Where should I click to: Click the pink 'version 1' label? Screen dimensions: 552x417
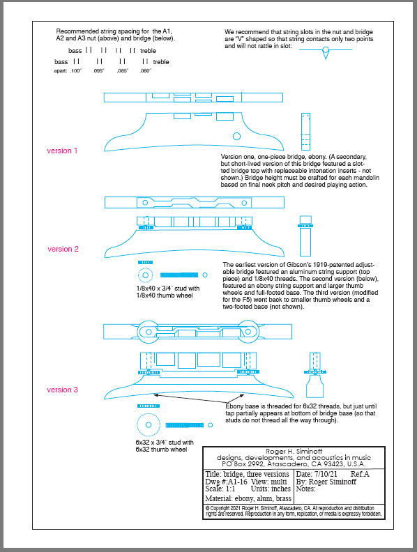click(62, 151)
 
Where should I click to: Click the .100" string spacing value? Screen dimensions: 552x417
click(75, 71)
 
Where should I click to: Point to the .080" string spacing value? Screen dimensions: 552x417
click(144, 71)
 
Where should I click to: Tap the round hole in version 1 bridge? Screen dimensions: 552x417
click(236, 136)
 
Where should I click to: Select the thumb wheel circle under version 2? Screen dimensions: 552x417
click(145, 274)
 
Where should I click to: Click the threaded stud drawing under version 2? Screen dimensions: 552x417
click(179, 274)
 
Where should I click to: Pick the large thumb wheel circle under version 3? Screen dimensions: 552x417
click(148, 424)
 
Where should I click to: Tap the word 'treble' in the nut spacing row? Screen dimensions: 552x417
click(149, 51)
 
